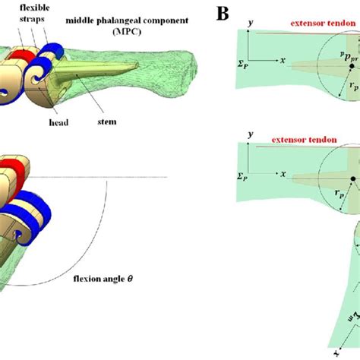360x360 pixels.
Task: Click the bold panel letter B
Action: (222, 13)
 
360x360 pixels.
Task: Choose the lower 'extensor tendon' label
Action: (289, 142)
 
